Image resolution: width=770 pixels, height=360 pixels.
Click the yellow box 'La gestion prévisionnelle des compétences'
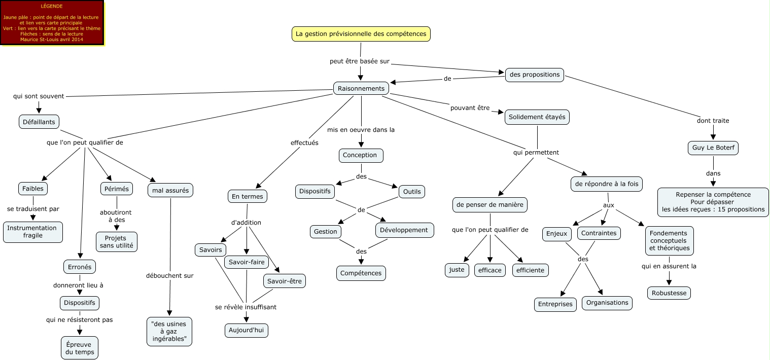tap(361, 34)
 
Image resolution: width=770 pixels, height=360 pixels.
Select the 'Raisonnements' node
tap(361, 88)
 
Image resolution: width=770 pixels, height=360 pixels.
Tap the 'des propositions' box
tap(535, 75)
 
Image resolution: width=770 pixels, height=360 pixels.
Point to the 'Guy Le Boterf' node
tap(713, 148)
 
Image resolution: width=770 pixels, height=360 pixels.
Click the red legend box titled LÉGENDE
tap(52, 23)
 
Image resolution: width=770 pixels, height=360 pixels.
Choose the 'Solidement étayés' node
tap(537, 117)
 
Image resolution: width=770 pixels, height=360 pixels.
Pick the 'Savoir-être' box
tap(284, 281)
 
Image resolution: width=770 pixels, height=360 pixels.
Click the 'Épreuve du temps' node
tap(80, 348)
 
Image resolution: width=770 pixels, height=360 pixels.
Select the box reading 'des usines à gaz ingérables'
tap(169, 332)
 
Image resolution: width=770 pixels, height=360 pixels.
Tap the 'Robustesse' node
tap(669, 293)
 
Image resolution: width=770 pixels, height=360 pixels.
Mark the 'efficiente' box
tap(530, 270)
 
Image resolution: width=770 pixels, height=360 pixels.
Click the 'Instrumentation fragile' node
tap(33, 232)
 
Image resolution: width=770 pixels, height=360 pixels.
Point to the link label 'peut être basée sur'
tap(360, 61)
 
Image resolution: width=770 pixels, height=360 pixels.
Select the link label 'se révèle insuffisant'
tap(246, 307)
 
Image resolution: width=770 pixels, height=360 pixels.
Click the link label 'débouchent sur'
tap(170, 275)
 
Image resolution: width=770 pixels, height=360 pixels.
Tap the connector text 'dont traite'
tap(713, 121)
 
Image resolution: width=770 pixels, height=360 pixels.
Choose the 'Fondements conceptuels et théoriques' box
tap(669, 241)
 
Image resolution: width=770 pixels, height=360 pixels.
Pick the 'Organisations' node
tap(607, 303)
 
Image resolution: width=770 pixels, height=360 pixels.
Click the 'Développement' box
tap(404, 230)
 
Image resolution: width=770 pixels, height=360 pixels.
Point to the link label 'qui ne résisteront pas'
tap(80, 320)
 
